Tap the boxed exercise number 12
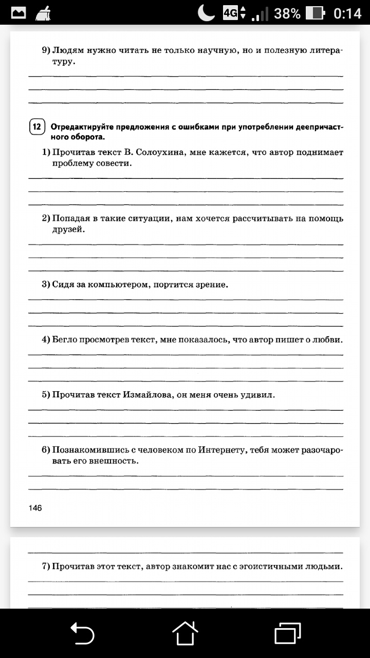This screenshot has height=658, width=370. (37, 127)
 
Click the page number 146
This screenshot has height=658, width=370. (35, 508)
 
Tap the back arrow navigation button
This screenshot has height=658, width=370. (82, 633)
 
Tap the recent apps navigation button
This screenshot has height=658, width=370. (287, 633)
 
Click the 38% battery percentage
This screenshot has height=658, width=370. (287, 13)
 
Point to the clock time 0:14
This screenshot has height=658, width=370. (347, 13)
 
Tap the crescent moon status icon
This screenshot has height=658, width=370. (207, 13)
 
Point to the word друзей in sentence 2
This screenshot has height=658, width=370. (67, 229)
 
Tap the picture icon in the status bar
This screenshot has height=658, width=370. (18, 13)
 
